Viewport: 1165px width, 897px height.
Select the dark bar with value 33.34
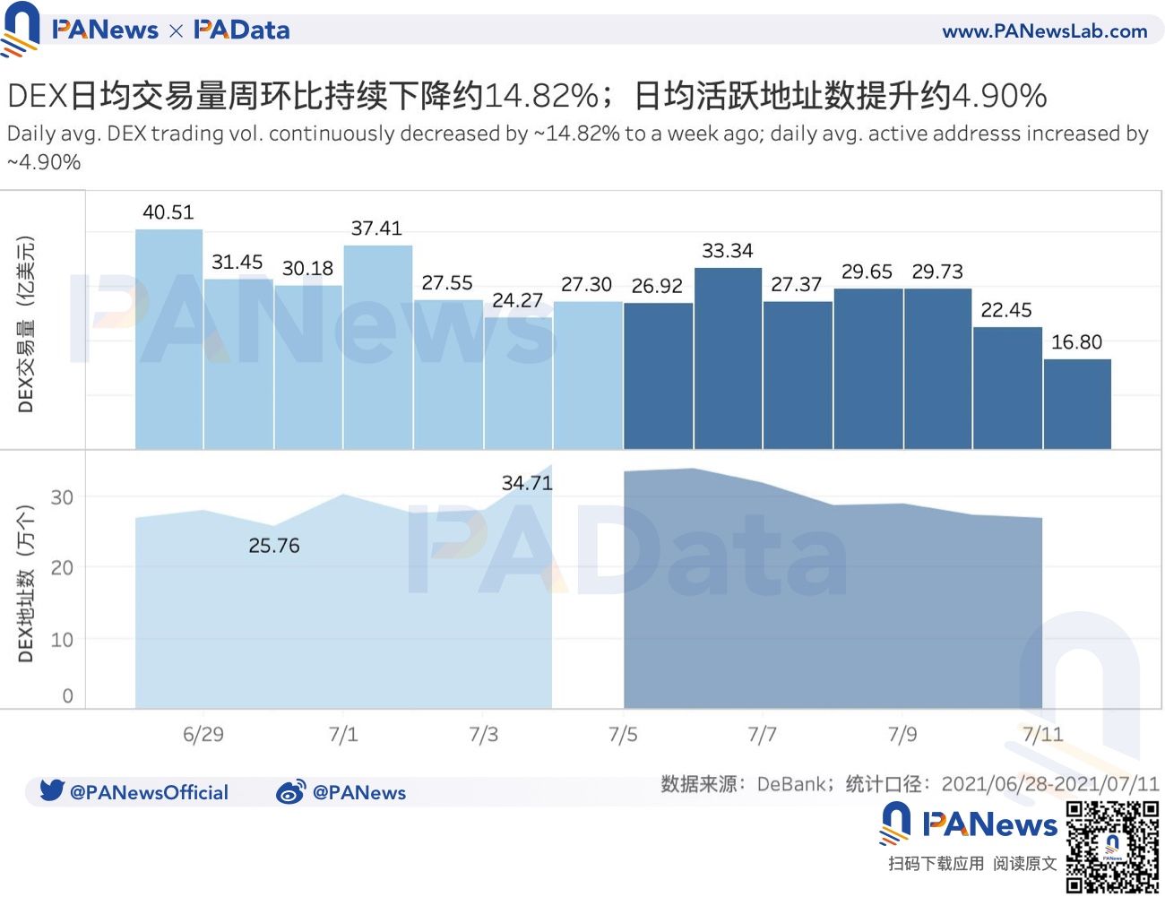(x=728, y=358)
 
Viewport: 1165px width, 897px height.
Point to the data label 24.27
(x=518, y=300)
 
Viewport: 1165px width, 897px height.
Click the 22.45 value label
(x=1006, y=310)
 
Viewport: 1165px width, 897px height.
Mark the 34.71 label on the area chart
(x=527, y=483)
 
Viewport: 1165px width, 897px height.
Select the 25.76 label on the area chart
(x=274, y=546)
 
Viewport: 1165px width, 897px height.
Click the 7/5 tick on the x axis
(x=623, y=735)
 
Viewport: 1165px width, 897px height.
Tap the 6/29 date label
(x=203, y=735)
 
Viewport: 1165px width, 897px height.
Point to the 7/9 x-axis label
(x=902, y=735)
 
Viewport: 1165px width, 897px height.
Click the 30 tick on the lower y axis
(x=62, y=497)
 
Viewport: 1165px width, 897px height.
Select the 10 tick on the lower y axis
(x=62, y=640)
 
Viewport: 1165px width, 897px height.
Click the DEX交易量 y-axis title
(x=26, y=324)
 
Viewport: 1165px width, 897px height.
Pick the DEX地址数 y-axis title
(x=26, y=582)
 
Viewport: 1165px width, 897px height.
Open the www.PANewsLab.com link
(x=1044, y=31)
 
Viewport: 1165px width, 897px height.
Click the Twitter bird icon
(x=52, y=790)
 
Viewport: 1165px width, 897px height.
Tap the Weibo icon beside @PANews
(x=290, y=791)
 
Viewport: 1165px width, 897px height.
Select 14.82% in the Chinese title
(x=541, y=95)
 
